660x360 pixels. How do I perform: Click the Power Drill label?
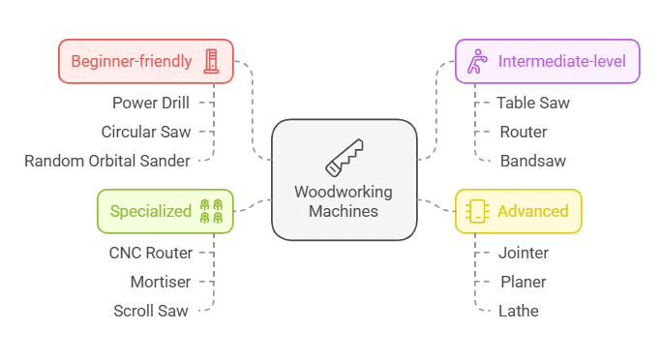[x=150, y=102]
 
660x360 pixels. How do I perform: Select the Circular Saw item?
[x=146, y=132]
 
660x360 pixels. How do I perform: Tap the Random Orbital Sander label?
[x=107, y=161]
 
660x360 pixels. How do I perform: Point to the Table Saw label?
[x=533, y=102]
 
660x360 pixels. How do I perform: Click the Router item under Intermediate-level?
[x=524, y=132]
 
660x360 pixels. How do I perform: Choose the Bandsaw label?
[x=533, y=161]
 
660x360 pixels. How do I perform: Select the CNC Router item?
[x=150, y=253]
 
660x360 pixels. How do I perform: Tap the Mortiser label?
[x=161, y=282]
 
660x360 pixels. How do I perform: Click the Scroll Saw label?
[x=151, y=311]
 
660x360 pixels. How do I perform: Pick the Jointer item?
[x=525, y=253]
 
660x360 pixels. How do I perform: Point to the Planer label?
[x=524, y=282]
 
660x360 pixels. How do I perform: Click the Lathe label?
[x=520, y=311]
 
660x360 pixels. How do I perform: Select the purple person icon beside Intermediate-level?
[x=475, y=62]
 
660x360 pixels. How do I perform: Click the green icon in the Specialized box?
[x=211, y=211]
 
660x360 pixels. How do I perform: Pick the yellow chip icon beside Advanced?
[x=475, y=211]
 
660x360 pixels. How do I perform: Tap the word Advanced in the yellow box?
[x=532, y=211]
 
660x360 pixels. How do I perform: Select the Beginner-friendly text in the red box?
[x=131, y=61]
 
